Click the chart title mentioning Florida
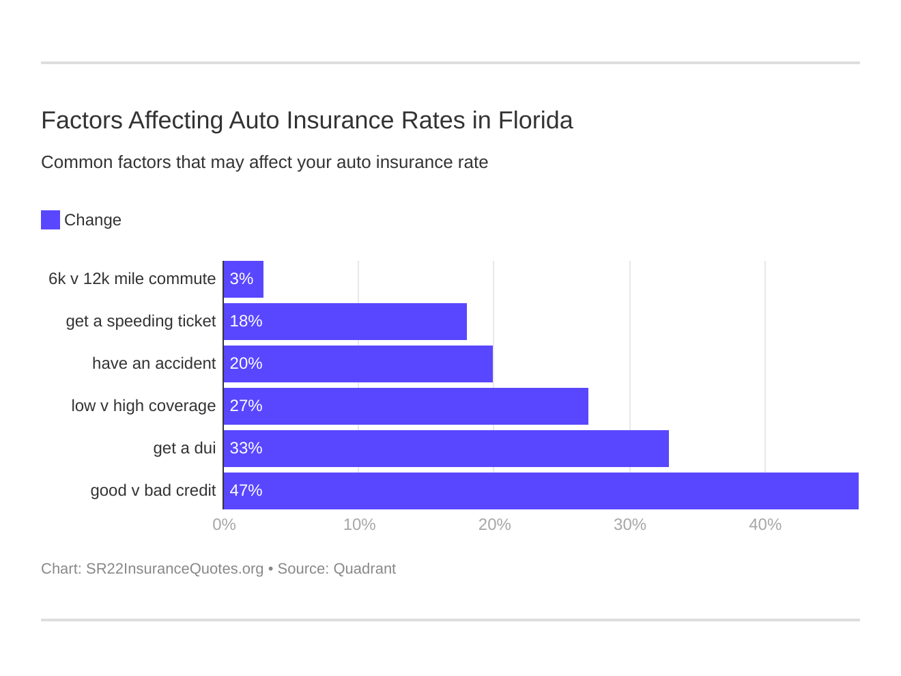coord(306,120)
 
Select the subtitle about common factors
coord(264,163)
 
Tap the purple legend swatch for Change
coord(51,220)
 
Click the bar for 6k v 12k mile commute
coord(244,279)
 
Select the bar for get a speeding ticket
coord(345,322)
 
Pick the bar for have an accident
coord(358,364)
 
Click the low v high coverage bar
coord(405,406)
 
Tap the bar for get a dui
coord(446,449)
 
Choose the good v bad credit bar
coord(541,491)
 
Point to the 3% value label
coord(242,279)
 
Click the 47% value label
coord(246,491)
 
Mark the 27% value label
coord(246,406)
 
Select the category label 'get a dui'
coord(184,449)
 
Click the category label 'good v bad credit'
coord(153,491)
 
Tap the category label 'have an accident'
coord(154,364)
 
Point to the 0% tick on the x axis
coord(224,524)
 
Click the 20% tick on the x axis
coord(494,524)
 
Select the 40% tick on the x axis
coord(765,524)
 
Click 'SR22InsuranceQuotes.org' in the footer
coord(175,569)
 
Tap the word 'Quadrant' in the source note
coord(364,569)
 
